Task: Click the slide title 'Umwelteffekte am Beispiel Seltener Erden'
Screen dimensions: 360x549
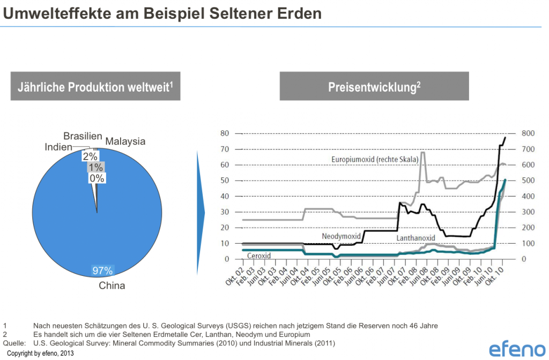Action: pos(162,13)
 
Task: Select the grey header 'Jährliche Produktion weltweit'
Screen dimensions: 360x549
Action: pos(95,87)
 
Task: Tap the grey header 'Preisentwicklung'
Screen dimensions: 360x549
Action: pos(374,87)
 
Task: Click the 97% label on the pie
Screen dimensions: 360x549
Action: pos(102,271)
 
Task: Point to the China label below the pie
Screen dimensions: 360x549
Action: pos(112,286)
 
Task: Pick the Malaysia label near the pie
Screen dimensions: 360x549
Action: pos(125,141)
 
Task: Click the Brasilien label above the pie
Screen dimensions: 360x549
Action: pos(83,136)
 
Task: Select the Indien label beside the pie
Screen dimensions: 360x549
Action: pos(58,146)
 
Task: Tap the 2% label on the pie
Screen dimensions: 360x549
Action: pos(90,156)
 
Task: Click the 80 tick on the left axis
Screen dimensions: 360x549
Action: pos(225,133)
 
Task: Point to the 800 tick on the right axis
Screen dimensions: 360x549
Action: pos(529,133)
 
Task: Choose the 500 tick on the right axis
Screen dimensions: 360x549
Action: pos(529,181)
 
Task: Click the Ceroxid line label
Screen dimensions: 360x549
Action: pos(259,256)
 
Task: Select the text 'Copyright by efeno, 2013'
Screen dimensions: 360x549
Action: pos(40,354)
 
